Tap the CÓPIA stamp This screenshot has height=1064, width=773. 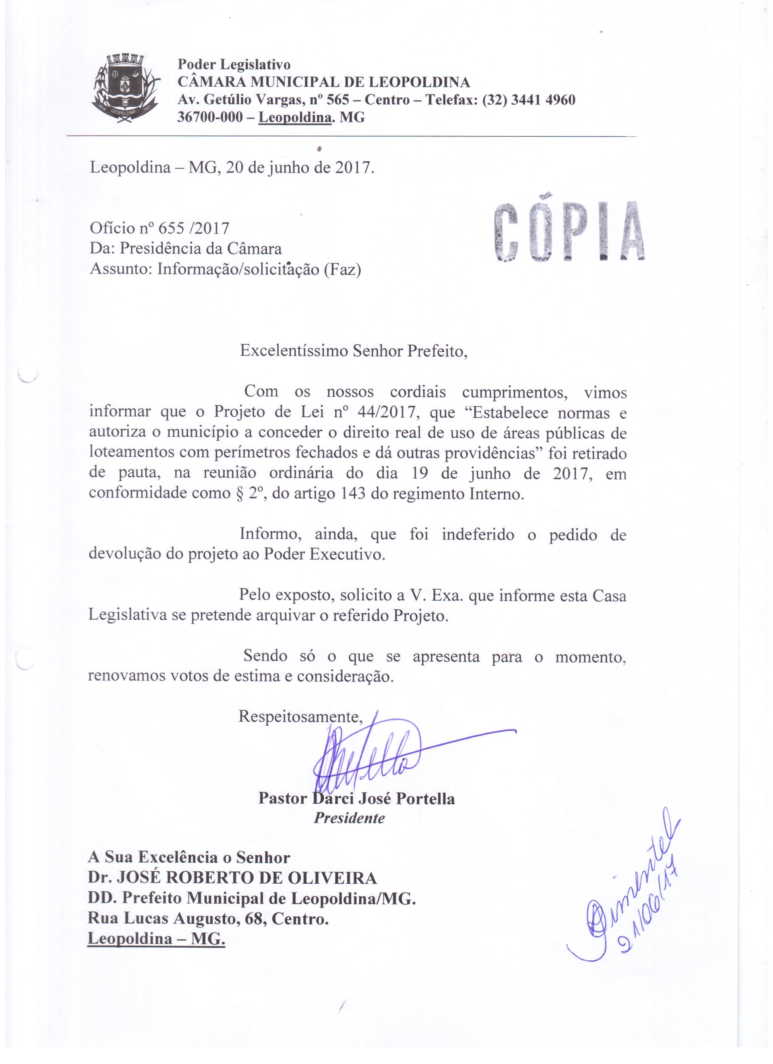coord(569,232)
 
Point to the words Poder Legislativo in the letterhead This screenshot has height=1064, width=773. coord(234,64)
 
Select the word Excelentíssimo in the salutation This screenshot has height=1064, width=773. coord(294,351)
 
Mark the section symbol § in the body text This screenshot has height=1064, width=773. coord(233,494)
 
